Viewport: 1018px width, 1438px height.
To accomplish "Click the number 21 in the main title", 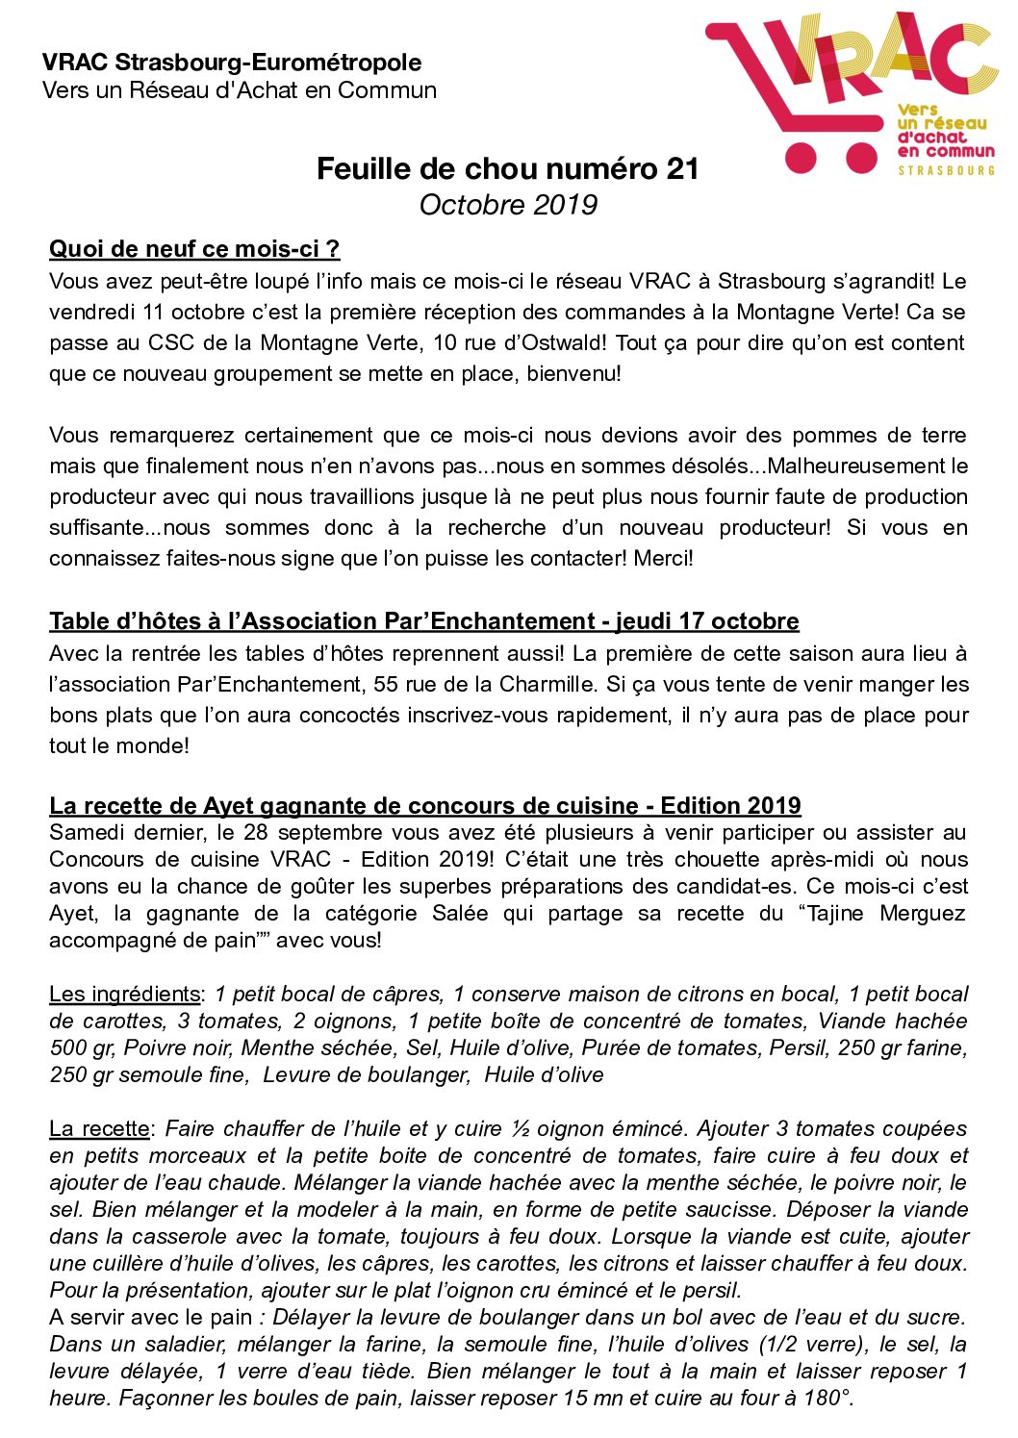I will [681, 169].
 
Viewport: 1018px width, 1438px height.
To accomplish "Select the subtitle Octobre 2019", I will [508, 205].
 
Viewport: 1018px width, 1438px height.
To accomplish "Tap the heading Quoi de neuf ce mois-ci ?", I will [194, 249].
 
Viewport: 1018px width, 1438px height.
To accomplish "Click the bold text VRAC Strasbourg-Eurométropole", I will [232, 63].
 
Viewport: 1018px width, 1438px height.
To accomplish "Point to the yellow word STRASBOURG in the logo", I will [946, 170].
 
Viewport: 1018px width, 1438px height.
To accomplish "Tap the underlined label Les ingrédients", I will [125, 995].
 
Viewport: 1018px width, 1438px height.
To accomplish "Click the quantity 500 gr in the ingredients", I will [83, 1048].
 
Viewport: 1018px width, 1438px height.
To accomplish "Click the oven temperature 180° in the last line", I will [829, 1399].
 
